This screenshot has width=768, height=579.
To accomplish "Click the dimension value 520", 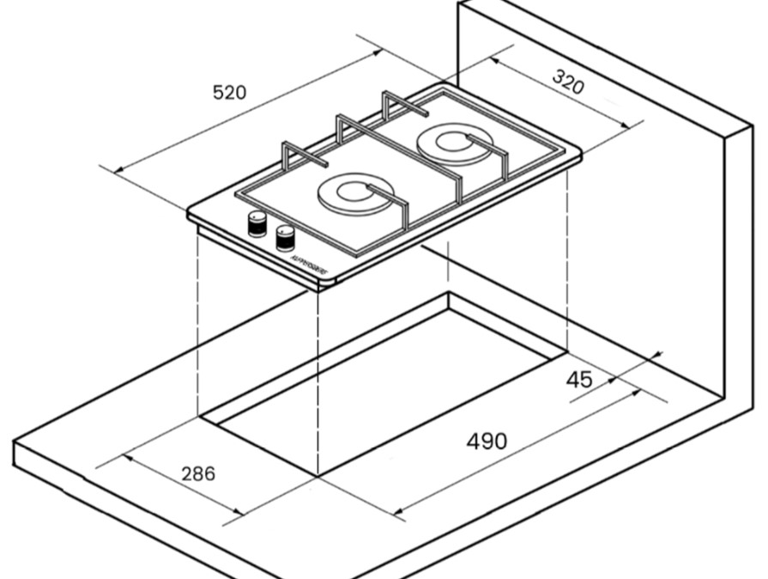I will click(229, 92).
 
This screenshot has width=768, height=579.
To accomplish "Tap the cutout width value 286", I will click(198, 472).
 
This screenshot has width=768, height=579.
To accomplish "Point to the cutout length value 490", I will click(487, 442).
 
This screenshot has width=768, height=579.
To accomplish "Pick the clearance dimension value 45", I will click(579, 379).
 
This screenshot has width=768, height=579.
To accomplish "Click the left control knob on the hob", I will click(257, 224).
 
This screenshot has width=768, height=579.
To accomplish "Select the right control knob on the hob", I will click(285, 238).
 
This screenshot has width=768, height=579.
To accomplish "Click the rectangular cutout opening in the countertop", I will click(386, 387).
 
